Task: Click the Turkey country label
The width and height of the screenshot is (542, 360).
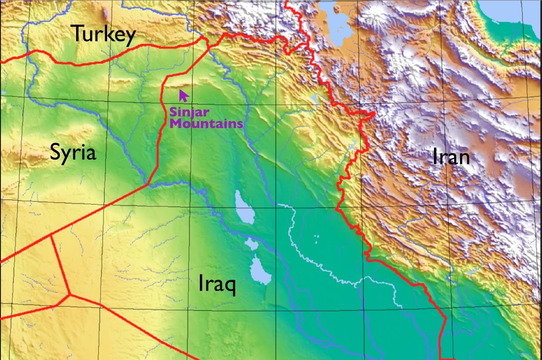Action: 103,34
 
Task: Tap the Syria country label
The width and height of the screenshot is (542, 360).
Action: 73,152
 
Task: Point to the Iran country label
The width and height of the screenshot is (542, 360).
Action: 451,157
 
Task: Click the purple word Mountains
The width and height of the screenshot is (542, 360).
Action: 206,123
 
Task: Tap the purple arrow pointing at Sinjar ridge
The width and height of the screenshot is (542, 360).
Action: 184,96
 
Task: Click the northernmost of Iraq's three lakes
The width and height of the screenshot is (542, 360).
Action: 244,207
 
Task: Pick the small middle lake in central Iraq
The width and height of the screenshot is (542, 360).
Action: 252,244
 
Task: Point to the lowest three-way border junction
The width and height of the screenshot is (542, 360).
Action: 70,294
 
